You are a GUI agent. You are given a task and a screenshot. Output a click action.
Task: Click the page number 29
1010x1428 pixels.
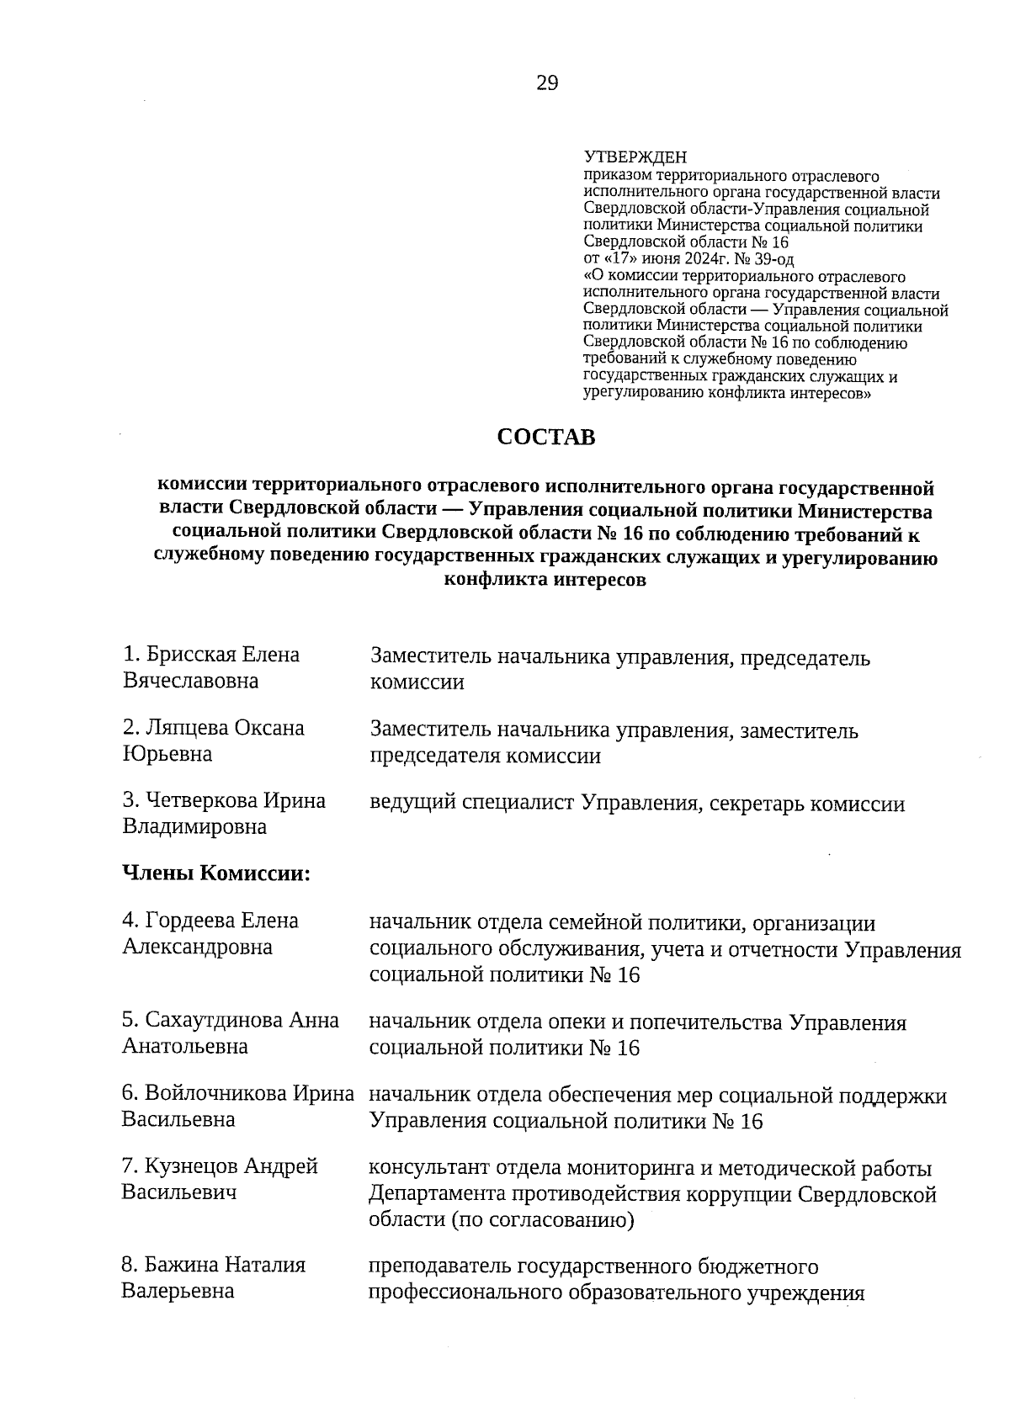click(x=545, y=82)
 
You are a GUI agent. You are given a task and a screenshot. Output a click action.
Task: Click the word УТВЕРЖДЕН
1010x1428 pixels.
click(x=635, y=157)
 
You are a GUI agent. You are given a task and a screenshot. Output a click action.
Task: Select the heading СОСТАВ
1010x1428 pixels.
click(x=545, y=438)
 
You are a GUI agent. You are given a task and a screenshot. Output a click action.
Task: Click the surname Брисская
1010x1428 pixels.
click(x=191, y=655)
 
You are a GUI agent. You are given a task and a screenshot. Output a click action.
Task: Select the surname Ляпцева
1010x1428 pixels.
click(x=187, y=728)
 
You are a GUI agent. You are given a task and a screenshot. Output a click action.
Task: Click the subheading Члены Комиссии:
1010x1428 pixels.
click(x=216, y=873)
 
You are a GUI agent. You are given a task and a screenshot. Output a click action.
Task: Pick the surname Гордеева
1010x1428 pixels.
click(x=191, y=921)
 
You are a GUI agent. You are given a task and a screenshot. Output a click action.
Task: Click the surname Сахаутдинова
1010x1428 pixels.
click(x=215, y=1021)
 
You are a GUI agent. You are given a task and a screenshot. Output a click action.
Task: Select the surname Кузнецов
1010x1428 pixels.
click(x=191, y=1166)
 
